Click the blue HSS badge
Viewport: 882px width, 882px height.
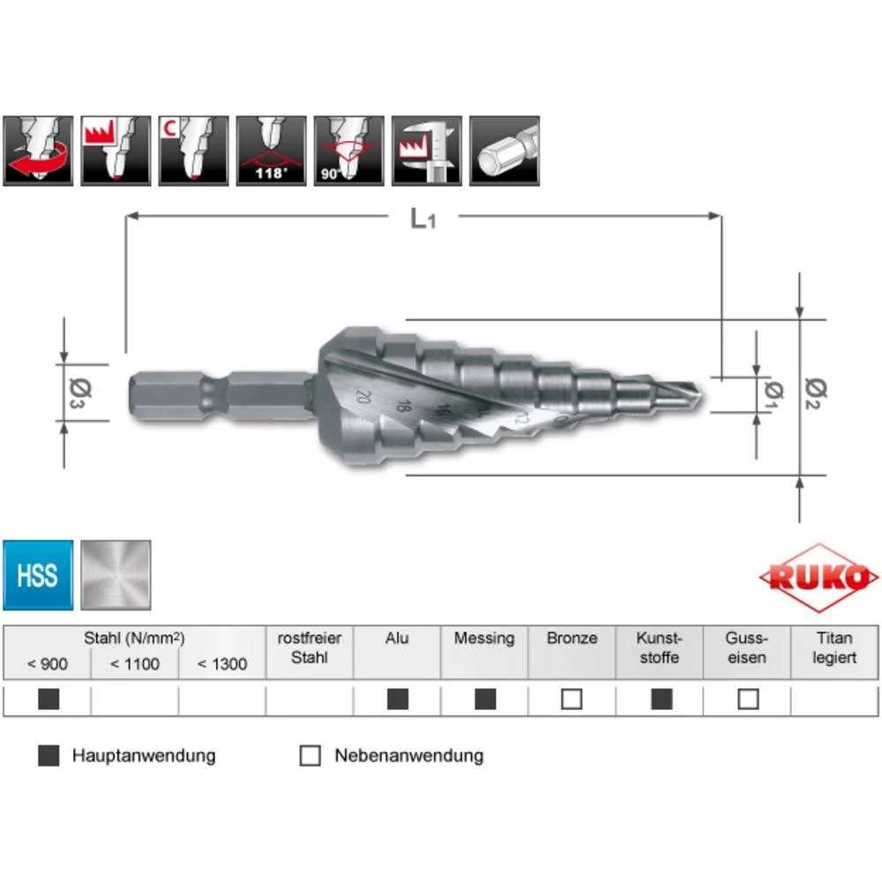37,575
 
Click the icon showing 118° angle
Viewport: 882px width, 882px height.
271,150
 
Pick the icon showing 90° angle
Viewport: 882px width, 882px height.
348,150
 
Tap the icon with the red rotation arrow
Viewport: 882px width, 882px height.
38,150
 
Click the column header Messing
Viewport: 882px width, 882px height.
483,639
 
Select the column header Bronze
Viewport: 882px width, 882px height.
572,639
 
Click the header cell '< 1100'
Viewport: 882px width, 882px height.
135,664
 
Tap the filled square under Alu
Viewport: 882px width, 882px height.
398,699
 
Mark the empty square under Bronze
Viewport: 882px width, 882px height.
572,699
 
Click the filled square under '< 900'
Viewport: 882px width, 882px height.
49,699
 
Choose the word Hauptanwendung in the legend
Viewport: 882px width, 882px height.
144,756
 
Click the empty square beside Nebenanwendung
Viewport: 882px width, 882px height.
310,756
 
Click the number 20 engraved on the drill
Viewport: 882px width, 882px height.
362,396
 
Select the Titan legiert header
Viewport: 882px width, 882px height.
834,648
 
